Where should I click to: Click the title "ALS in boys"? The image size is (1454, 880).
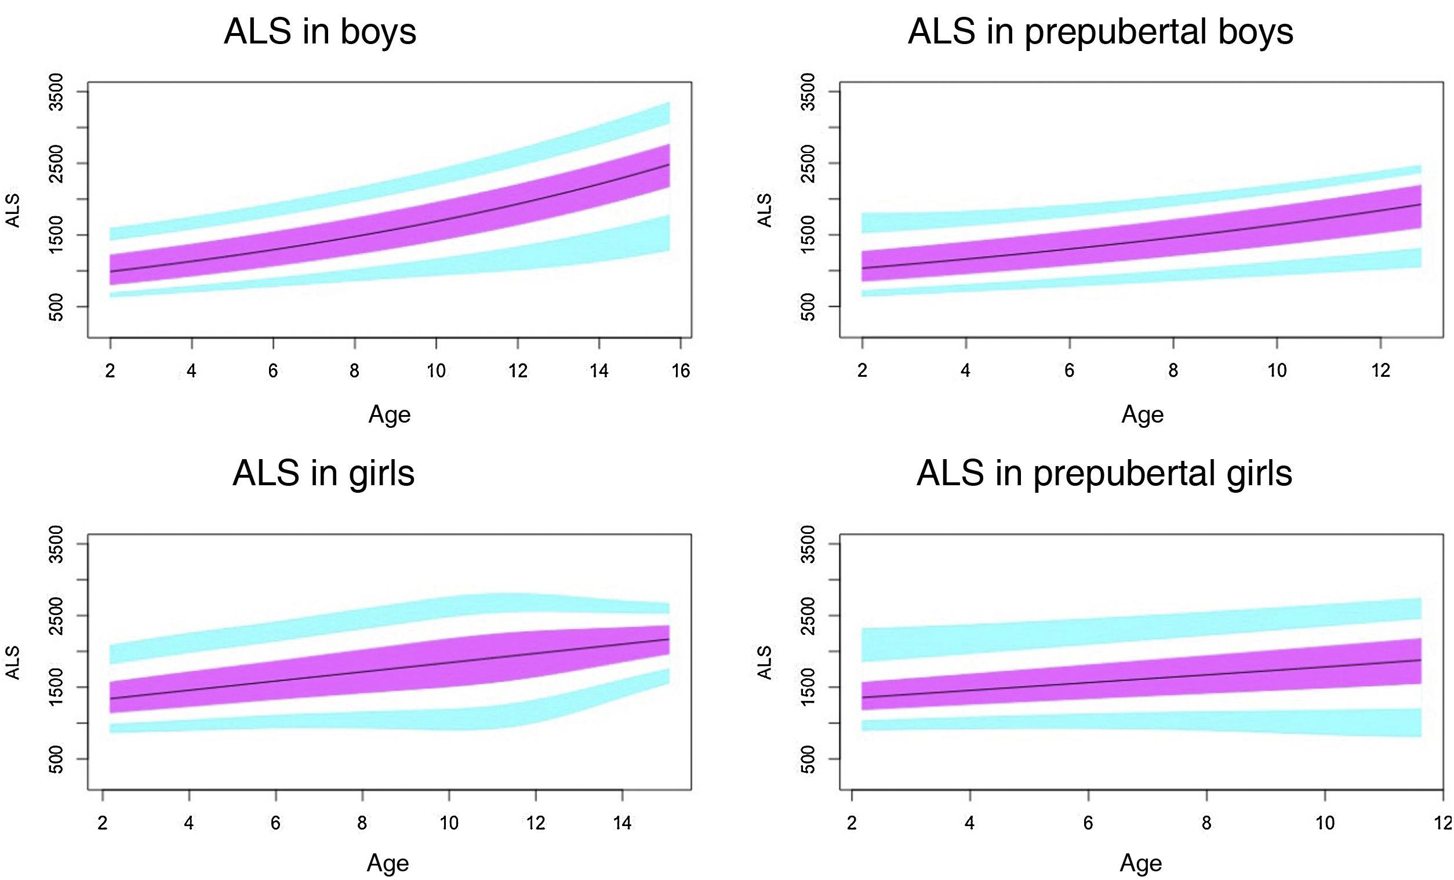(320, 32)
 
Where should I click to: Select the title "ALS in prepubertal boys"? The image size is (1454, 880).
(1100, 32)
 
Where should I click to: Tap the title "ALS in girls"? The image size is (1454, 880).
(323, 473)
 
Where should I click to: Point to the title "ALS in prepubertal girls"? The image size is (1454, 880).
(1104, 473)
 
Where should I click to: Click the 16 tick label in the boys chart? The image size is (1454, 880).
(681, 370)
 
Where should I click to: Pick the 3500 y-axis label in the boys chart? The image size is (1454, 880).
(57, 92)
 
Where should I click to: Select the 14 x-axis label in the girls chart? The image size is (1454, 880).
(623, 823)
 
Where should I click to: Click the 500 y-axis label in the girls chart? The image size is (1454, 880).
(57, 759)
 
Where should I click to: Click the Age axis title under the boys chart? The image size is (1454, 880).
(390, 414)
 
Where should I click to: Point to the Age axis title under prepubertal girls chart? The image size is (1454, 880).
(1142, 863)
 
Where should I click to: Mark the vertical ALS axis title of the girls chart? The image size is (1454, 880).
(13, 663)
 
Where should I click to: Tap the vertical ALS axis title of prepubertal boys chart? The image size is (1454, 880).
(765, 210)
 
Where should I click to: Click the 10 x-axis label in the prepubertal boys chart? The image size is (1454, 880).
(1277, 370)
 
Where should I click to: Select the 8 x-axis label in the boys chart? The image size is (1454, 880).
(354, 370)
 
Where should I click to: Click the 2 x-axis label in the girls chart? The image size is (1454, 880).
(103, 823)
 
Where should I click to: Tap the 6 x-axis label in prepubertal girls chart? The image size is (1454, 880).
(1088, 823)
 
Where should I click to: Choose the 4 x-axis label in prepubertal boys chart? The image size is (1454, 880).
(965, 370)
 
